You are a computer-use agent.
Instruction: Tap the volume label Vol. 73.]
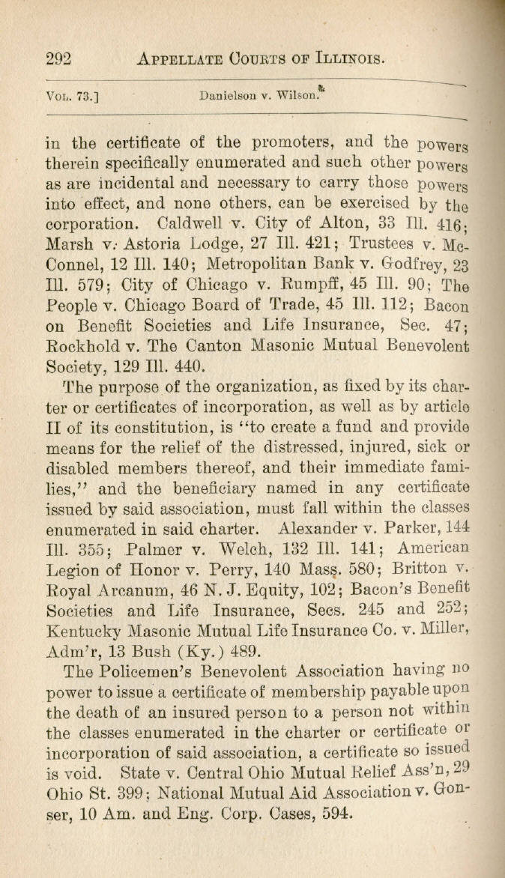click(73, 97)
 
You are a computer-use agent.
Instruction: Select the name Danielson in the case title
click(226, 97)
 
